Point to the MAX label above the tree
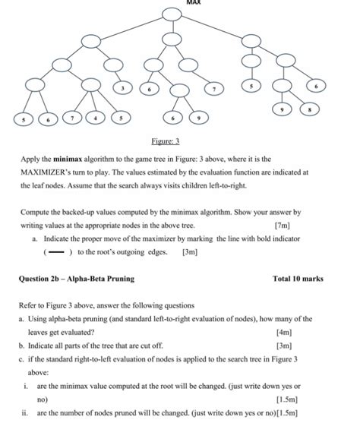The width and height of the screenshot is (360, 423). click(172, 3)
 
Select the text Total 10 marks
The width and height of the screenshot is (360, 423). click(298, 279)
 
